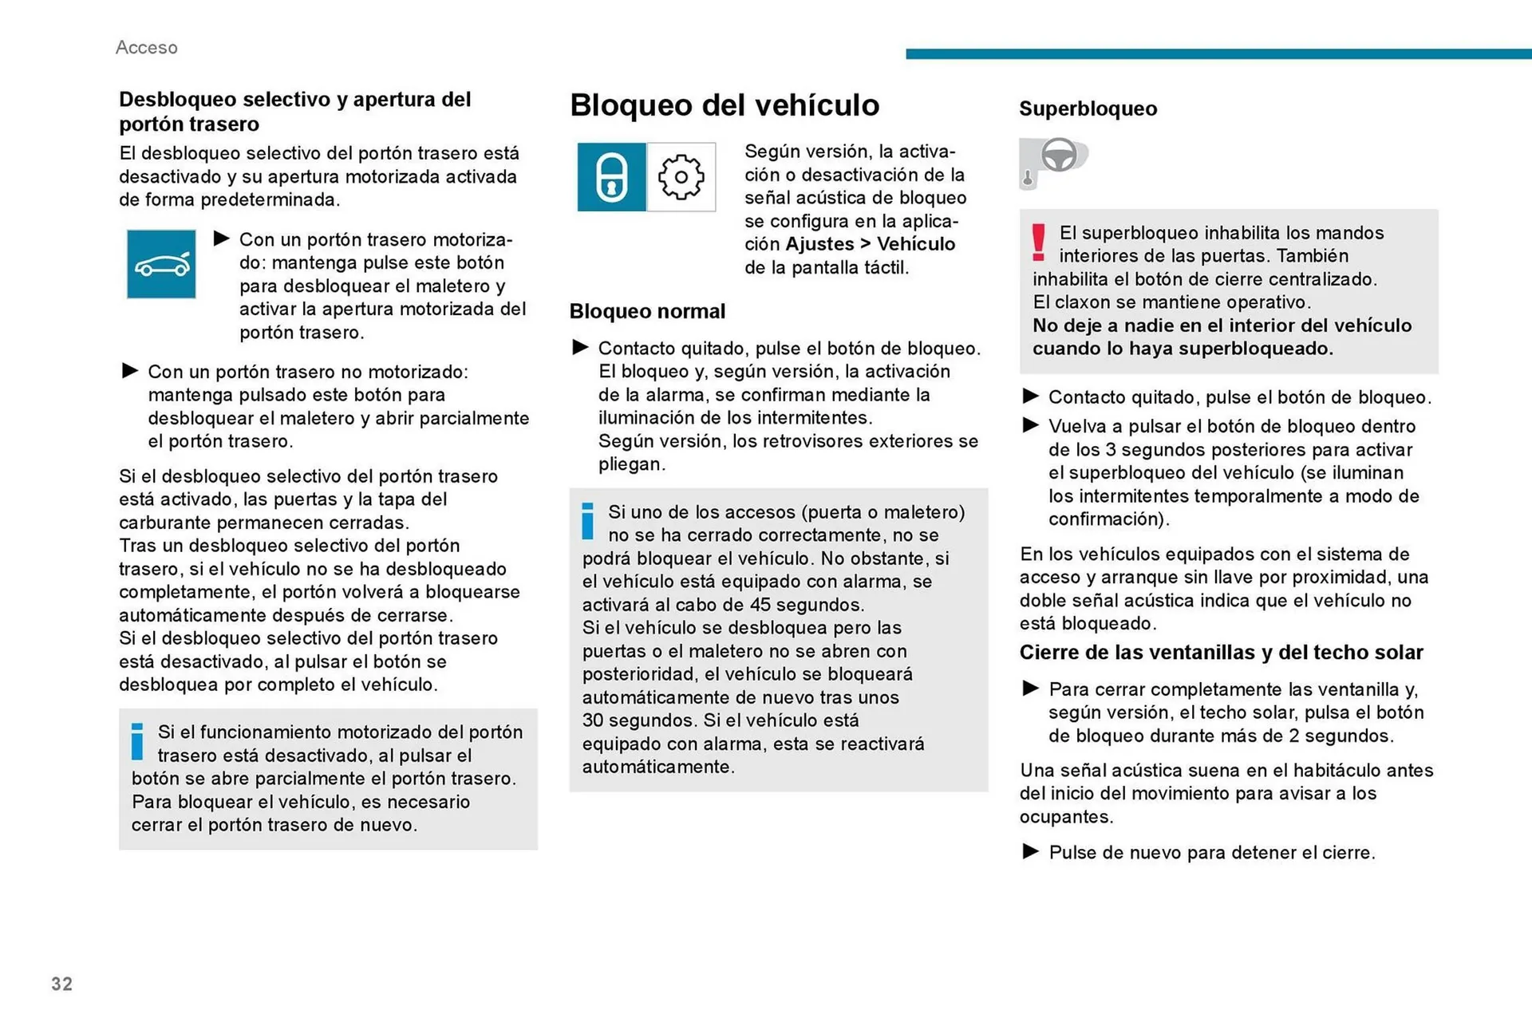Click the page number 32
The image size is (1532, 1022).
coord(61,984)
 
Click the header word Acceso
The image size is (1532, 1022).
coord(146,48)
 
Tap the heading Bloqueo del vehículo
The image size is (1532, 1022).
coord(724,105)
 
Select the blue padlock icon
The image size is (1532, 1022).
coord(611,177)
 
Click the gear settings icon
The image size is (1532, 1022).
coord(681,177)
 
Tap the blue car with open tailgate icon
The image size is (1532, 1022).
coord(161,264)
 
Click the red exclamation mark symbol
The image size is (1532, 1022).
coord(1038,243)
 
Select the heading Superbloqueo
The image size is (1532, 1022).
coord(1088,109)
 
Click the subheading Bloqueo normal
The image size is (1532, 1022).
coord(647,311)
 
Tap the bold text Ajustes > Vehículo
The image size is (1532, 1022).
coord(871,244)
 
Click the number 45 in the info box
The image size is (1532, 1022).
coord(760,605)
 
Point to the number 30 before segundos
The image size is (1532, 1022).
coord(593,720)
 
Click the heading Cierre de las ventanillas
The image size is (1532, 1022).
coord(1221,653)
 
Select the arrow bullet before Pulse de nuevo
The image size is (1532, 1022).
coord(1030,851)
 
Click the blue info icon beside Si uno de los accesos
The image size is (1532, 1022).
coord(588,521)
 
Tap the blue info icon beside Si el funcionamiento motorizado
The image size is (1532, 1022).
coord(137,741)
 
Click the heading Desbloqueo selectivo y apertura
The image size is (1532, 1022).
coord(294,111)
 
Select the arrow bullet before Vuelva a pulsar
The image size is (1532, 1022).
coord(1030,425)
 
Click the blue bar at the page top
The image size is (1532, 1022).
coord(1218,53)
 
